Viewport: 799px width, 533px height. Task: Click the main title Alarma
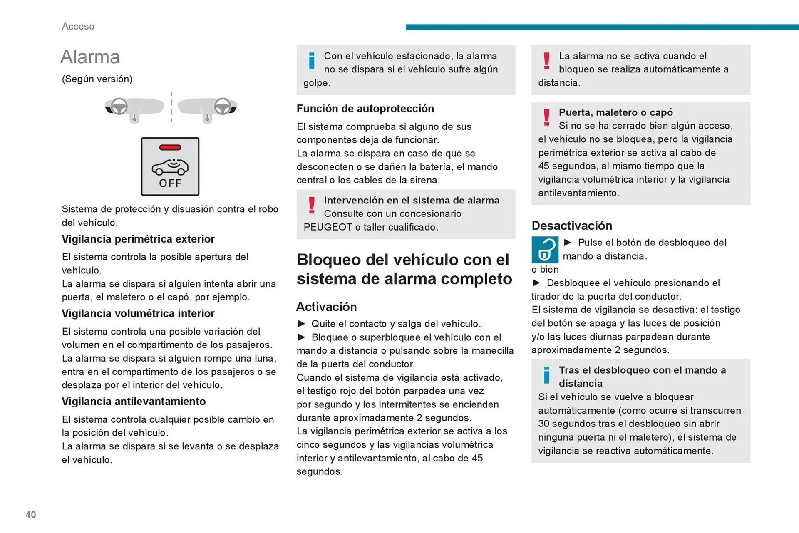(90, 57)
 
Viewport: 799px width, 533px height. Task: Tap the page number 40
(31, 515)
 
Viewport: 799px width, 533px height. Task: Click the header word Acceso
(78, 26)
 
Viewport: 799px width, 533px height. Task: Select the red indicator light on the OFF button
(170, 147)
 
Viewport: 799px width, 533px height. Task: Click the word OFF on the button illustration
(170, 183)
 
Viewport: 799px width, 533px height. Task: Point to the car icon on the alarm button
(170, 166)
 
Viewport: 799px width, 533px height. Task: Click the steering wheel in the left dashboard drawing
(119, 106)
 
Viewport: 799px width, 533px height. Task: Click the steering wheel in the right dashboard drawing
(223, 106)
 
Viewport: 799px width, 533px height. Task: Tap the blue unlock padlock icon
(545, 250)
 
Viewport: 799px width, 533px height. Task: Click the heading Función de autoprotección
(365, 109)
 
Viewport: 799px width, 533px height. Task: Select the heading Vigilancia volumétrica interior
(138, 314)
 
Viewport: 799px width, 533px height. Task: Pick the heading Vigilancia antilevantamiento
(134, 402)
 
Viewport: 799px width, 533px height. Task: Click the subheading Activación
(326, 307)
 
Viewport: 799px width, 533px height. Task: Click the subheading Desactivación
(572, 226)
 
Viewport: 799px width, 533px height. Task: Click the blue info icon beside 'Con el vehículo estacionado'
(312, 61)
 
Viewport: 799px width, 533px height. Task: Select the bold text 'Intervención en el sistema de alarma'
(412, 201)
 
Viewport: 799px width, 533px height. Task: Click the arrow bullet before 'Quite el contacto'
(302, 324)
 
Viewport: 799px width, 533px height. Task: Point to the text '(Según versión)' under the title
(97, 79)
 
